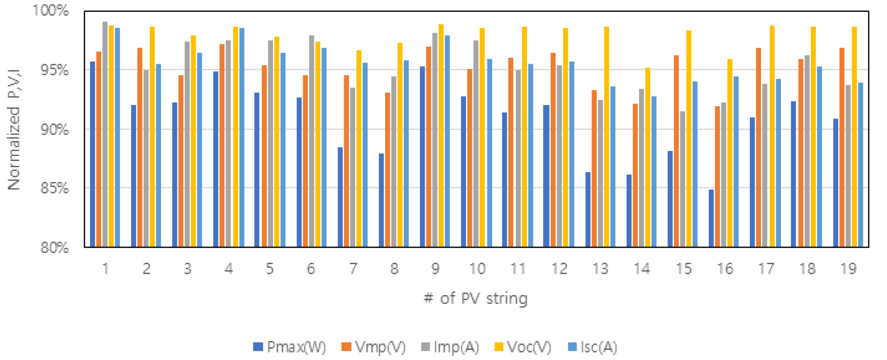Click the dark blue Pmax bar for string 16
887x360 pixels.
(x=711, y=218)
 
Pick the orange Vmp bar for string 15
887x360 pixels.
(x=676, y=151)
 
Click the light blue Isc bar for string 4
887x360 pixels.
(x=242, y=137)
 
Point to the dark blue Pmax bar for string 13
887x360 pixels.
(x=588, y=209)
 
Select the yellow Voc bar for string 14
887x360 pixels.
(x=648, y=157)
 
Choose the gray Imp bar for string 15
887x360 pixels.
(x=682, y=179)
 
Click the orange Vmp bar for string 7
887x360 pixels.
(x=347, y=161)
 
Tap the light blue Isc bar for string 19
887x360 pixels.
(x=861, y=164)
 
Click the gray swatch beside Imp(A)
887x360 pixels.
(x=426, y=347)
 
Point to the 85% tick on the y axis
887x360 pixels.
(x=55, y=188)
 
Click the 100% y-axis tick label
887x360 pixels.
(x=51, y=11)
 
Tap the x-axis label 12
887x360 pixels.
(x=559, y=268)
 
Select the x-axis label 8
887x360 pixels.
(x=394, y=268)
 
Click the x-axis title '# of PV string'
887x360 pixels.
(x=476, y=298)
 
